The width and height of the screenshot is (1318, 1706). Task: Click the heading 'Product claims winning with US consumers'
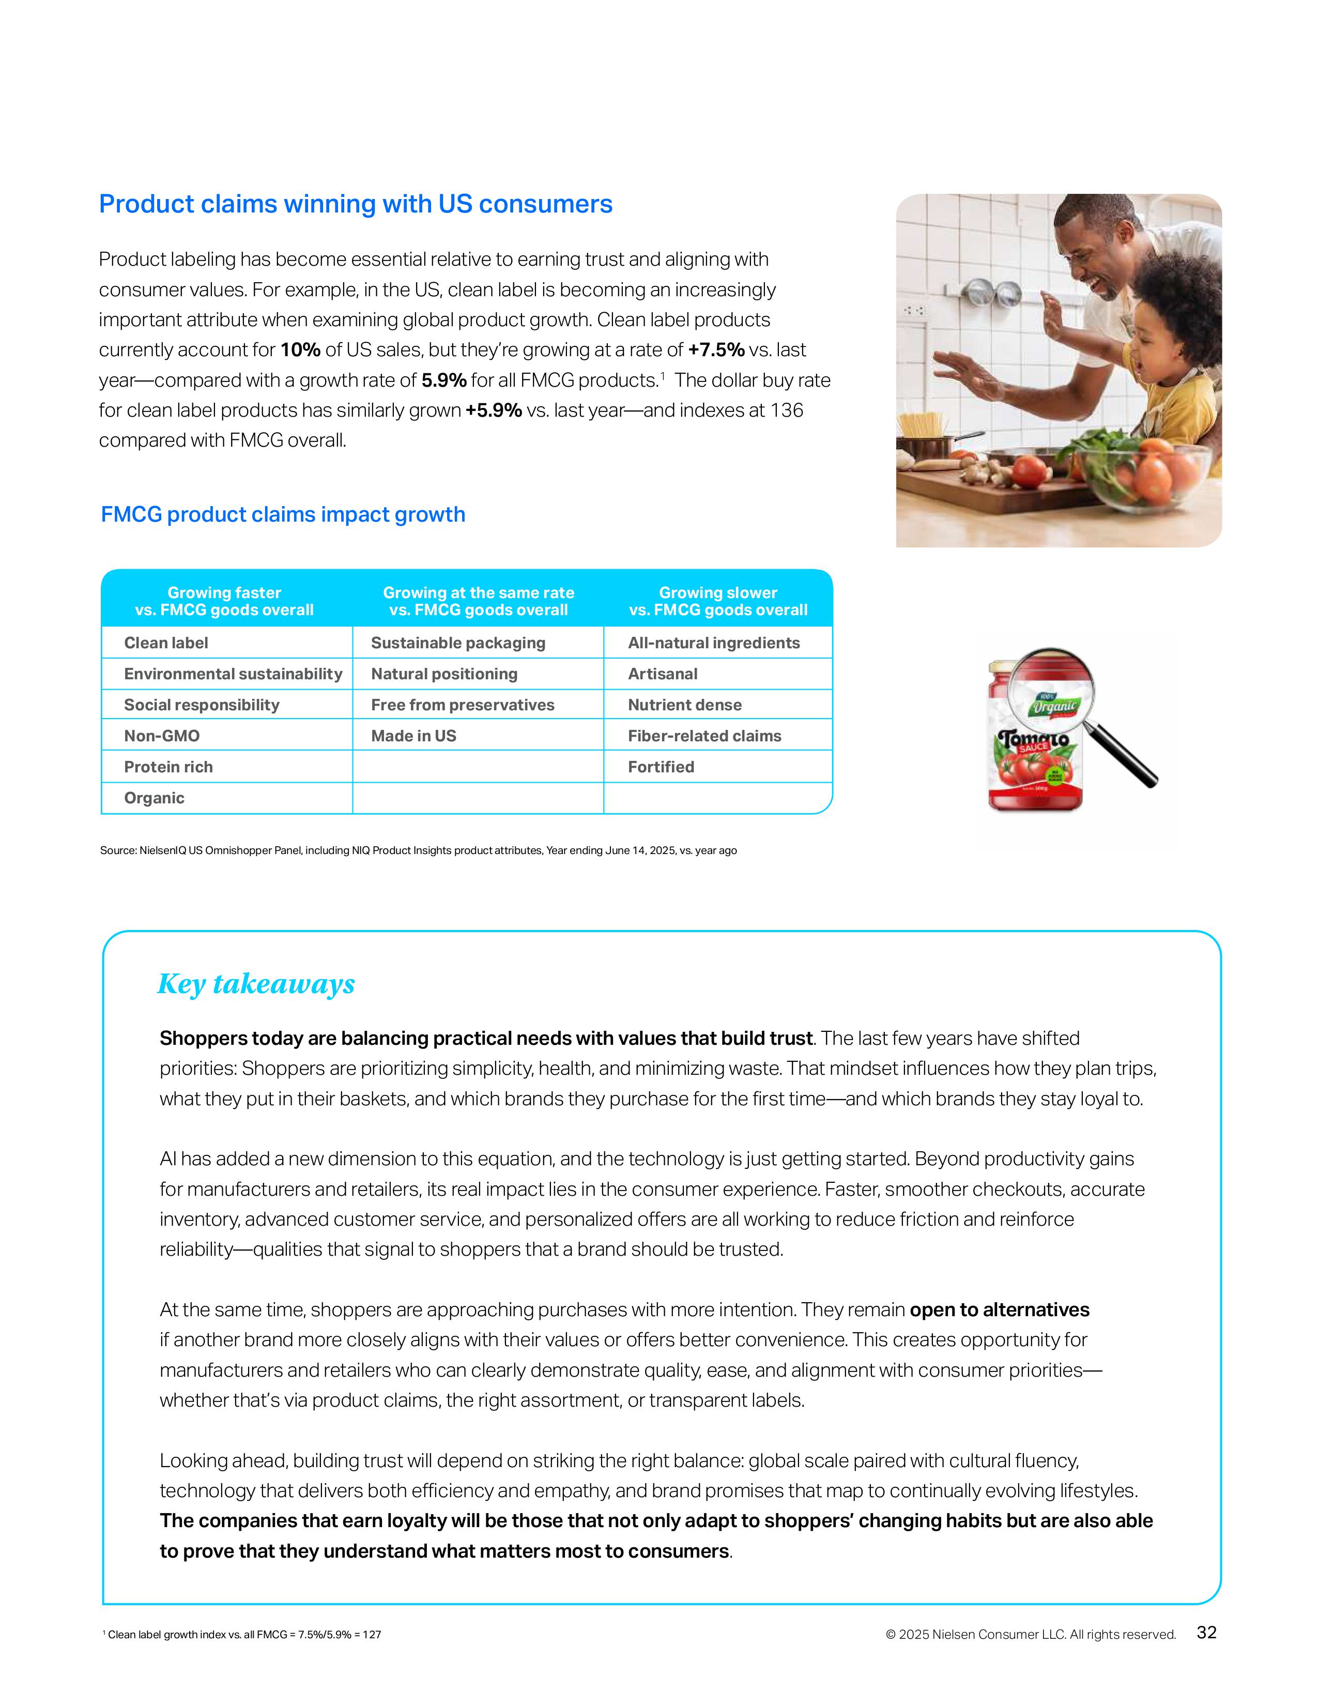click(x=355, y=204)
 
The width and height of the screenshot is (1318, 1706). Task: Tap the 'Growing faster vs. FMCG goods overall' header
click(x=224, y=601)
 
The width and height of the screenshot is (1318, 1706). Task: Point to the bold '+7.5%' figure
click(x=716, y=350)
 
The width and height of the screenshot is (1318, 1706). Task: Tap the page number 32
click(x=1206, y=1633)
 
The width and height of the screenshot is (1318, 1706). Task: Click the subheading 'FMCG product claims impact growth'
click(x=283, y=515)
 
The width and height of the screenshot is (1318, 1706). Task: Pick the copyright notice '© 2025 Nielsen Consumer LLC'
click(x=1030, y=1634)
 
